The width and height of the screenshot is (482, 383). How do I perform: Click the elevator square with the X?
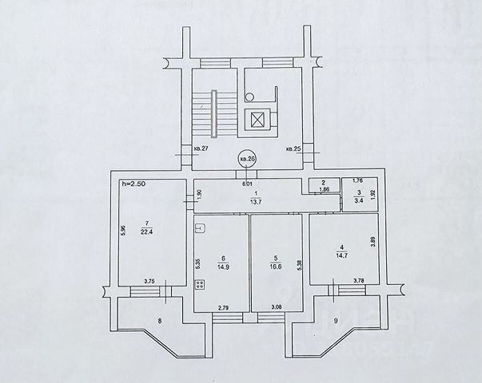[x=257, y=120]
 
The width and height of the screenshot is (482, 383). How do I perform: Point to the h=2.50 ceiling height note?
[x=133, y=184]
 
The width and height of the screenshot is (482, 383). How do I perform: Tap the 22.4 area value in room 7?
[x=145, y=233]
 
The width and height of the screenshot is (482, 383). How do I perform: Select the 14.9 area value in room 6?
[x=224, y=268]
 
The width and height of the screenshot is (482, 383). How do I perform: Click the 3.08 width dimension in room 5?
[x=277, y=306]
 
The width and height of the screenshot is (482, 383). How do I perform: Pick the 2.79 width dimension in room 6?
[x=223, y=306]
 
